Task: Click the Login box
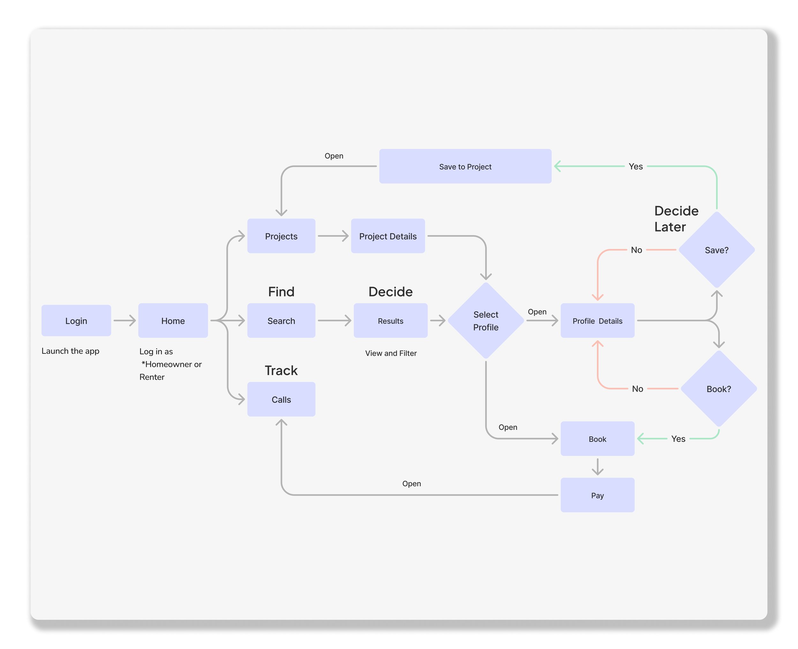pyautogui.click(x=76, y=321)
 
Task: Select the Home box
pyautogui.click(x=173, y=321)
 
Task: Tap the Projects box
pyautogui.click(x=281, y=236)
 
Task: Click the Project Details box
pyautogui.click(x=388, y=236)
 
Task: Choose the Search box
pyautogui.click(x=281, y=321)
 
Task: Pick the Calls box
pyautogui.click(x=281, y=399)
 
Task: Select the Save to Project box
pyautogui.click(x=465, y=166)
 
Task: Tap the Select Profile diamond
pyautogui.click(x=486, y=321)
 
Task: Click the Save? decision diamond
pyautogui.click(x=716, y=250)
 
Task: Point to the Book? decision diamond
pyautogui.click(x=719, y=389)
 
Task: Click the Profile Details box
pyautogui.click(x=597, y=321)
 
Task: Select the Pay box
pyautogui.click(x=597, y=495)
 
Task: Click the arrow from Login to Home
pyautogui.click(x=125, y=321)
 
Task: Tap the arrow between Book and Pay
pyautogui.click(x=597, y=467)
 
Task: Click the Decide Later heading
pyautogui.click(x=676, y=219)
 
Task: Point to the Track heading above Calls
pyautogui.click(x=281, y=371)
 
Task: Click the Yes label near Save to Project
pyautogui.click(x=636, y=166)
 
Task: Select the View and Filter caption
pyautogui.click(x=391, y=353)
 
